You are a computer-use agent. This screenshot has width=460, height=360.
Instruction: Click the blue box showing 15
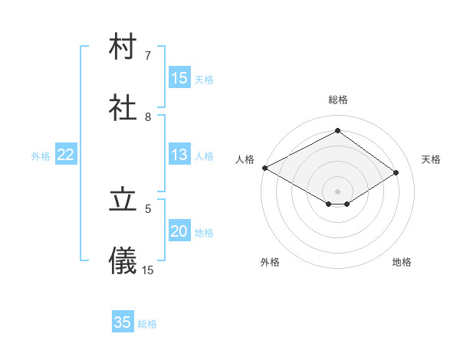pyautogui.click(x=179, y=78)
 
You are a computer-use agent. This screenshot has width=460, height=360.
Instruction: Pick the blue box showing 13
pyautogui.click(x=179, y=155)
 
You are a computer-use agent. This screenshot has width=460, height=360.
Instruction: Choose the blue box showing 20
pyautogui.click(x=179, y=232)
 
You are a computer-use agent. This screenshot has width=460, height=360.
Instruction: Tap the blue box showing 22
pyautogui.click(x=66, y=155)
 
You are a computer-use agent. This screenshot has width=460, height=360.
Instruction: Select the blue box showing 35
pyautogui.click(x=123, y=322)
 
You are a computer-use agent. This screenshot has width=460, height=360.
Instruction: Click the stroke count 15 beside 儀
pyautogui.click(x=147, y=270)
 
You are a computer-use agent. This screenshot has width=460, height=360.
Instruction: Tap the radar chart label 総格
pyautogui.click(x=337, y=100)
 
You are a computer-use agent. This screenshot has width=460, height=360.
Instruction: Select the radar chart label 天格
pyautogui.click(x=431, y=159)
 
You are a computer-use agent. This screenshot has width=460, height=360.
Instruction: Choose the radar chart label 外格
pyautogui.click(x=270, y=262)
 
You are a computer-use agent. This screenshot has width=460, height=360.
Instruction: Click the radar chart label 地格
pyautogui.click(x=402, y=262)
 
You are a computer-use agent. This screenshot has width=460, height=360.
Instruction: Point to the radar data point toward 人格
pyautogui.click(x=264, y=168)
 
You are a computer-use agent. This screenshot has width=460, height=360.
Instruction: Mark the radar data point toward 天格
pyautogui.click(x=396, y=173)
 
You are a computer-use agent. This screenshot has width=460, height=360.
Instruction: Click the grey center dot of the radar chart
pyautogui.click(x=337, y=191)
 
